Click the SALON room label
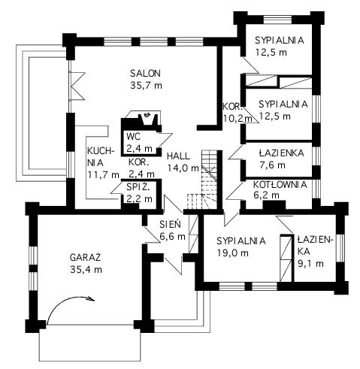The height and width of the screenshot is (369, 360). pos(145,74)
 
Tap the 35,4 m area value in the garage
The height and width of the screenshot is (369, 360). pos(86,270)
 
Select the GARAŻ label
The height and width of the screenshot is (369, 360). pos(85,257)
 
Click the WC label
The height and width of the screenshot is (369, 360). pos(134,137)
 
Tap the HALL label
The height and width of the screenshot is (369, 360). pos(178,156)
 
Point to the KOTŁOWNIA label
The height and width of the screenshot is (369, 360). pos(280,185)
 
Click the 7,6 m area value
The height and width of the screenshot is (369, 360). pos(272,165)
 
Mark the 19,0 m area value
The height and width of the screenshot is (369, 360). pos(232,253)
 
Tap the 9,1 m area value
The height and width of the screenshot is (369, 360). pos(310,263)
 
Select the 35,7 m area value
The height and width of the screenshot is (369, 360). pos(146,86)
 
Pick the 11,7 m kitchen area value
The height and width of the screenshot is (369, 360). pos(104,174)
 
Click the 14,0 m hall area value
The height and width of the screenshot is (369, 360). pos(183,168)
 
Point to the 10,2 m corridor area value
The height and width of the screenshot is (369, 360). pos(237,118)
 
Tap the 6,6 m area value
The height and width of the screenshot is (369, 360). pos(172,236)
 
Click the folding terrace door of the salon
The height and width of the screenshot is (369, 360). pos(76,86)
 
